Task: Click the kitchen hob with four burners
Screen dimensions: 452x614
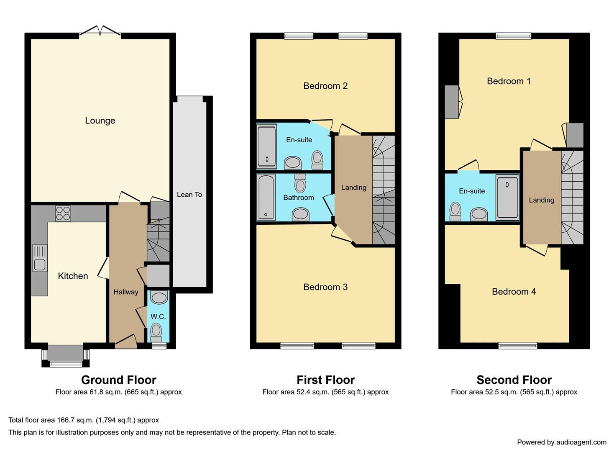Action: tap(63, 213)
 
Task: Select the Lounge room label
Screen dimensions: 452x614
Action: tap(100, 121)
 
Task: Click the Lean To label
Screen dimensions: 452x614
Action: tap(189, 195)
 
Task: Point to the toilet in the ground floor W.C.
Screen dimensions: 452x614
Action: tap(156, 331)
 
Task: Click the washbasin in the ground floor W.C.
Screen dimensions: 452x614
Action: tap(159, 298)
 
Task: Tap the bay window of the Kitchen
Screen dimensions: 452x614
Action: tap(66, 356)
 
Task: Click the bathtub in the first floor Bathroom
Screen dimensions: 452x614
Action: tap(266, 197)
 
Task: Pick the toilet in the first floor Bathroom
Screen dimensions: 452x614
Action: tap(300, 183)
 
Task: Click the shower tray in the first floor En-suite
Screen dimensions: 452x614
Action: tap(266, 146)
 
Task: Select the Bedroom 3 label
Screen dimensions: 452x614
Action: tap(325, 287)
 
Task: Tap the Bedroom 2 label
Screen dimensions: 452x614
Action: tap(325, 86)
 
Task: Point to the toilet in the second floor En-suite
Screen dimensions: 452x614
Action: tap(455, 211)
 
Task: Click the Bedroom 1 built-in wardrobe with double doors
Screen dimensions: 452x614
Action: tap(452, 102)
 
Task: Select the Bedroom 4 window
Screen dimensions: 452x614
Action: tap(518, 345)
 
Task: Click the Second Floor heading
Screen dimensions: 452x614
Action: tap(514, 380)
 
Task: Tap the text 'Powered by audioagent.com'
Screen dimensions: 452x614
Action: tap(561, 442)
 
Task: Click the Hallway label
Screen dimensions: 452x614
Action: tap(126, 292)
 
